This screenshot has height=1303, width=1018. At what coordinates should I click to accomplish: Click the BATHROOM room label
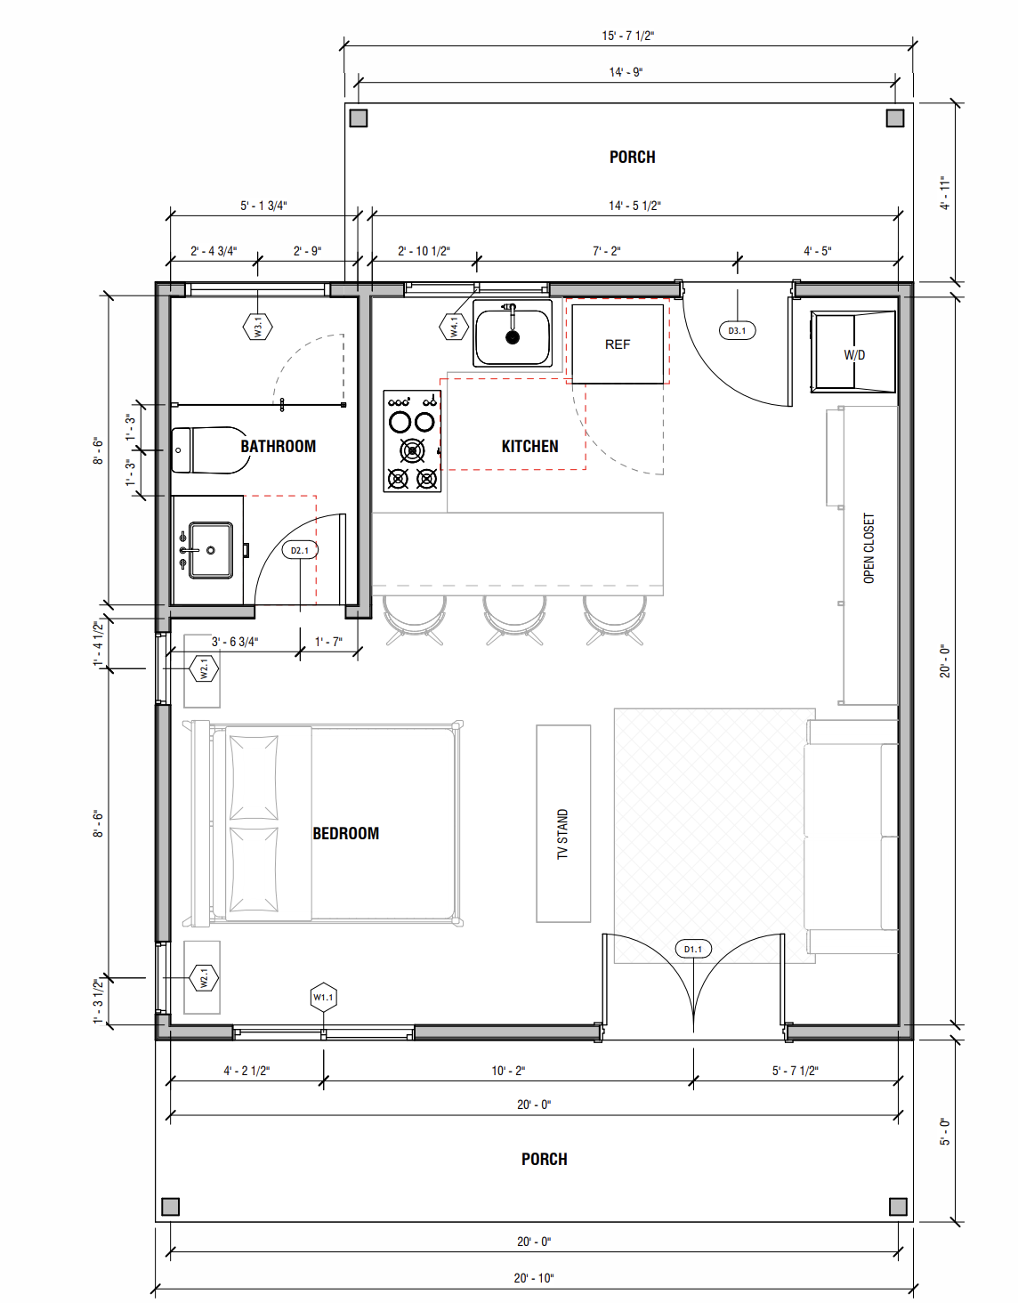[x=278, y=446]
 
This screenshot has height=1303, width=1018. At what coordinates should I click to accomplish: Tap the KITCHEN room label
[x=529, y=446]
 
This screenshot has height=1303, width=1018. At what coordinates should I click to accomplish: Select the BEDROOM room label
[x=345, y=833]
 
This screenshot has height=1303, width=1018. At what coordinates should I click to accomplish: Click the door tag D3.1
[x=737, y=330]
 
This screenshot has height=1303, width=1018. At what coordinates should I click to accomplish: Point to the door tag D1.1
[x=693, y=949]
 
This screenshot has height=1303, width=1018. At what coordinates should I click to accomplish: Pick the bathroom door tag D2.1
[x=300, y=550]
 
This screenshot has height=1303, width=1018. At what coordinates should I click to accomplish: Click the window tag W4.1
[x=454, y=327]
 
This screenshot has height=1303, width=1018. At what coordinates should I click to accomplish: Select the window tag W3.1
[x=258, y=328]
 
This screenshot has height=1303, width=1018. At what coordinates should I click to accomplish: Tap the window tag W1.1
[x=323, y=997]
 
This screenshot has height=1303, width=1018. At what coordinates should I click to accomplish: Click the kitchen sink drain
[x=513, y=337]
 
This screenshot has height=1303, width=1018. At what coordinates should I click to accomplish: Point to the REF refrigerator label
[x=618, y=344]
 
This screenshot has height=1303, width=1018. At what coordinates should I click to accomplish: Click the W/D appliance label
[x=854, y=354]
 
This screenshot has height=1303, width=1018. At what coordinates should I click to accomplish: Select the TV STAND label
[x=562, y=833]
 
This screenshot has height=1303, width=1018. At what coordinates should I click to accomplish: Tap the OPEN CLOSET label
[x=869, y=548]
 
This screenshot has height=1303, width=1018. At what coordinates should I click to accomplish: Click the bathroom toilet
[x=206, y=449]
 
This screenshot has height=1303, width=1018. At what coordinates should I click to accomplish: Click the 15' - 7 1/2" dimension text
[x=628, y=36]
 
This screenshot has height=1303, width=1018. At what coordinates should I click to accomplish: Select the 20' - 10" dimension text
[x=533, y=1278]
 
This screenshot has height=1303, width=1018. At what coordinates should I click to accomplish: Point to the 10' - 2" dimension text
[x=508, y=1071]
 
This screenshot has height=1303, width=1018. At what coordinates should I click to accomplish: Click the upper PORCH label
[x=632, y=157]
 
